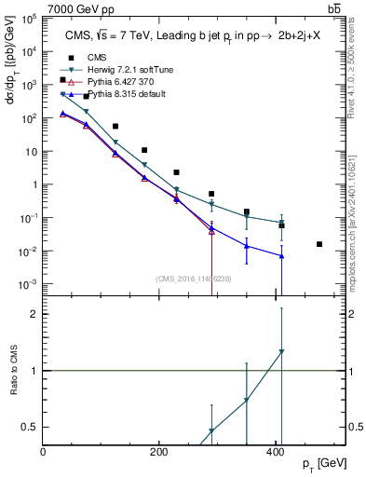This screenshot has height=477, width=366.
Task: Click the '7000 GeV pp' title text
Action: [x=79, y=8]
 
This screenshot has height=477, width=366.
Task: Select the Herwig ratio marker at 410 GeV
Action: [x=282, y=352]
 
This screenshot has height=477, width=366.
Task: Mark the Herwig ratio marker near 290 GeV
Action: [x=211, y=431]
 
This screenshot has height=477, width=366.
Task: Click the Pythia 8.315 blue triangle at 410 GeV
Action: [x=282, y=255]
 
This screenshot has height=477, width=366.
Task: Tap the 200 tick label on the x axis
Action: [x=159, y=451]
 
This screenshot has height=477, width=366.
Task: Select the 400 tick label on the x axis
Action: [x=275, y=451]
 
